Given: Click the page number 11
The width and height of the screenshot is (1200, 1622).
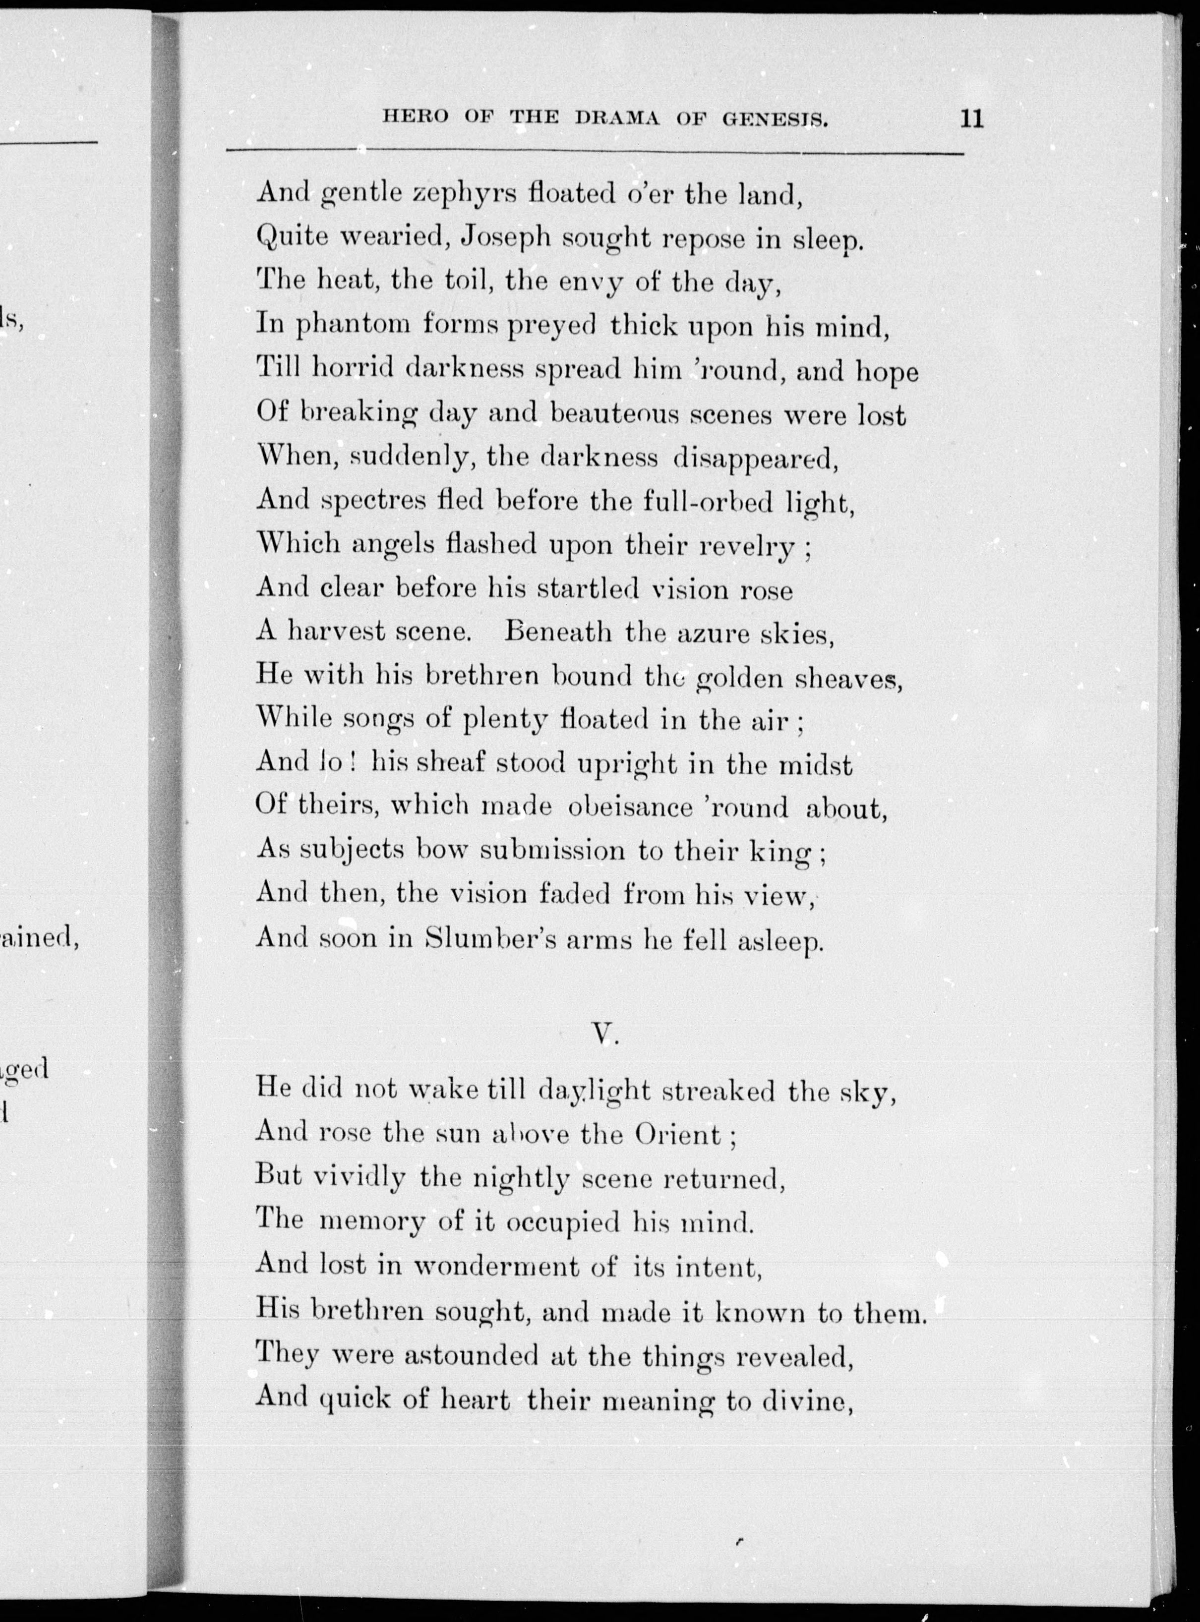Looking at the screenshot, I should [x=971, y=118].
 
